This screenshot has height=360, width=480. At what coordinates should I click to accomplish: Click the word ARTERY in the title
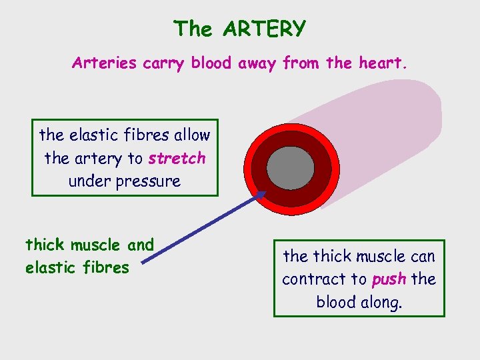click(x=265, y=29)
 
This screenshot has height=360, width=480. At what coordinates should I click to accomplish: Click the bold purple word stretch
click(x=177, y=159)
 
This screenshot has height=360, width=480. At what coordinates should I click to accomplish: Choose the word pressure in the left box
click(x=149, y=181)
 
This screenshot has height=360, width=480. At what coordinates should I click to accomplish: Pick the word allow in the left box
click(x=192, y=135)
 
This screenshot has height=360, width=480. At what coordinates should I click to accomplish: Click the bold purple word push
click(x=389, y=279)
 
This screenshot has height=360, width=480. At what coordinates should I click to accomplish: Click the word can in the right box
click(x=421, y=256)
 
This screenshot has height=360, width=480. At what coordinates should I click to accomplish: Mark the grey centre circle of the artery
click(x=290, y=167)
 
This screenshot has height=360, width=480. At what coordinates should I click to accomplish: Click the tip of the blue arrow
click(x=266, y=193)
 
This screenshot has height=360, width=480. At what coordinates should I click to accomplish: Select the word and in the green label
click(x=141, y=245)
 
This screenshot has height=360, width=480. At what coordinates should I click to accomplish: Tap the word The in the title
click(x=193, y=29)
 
